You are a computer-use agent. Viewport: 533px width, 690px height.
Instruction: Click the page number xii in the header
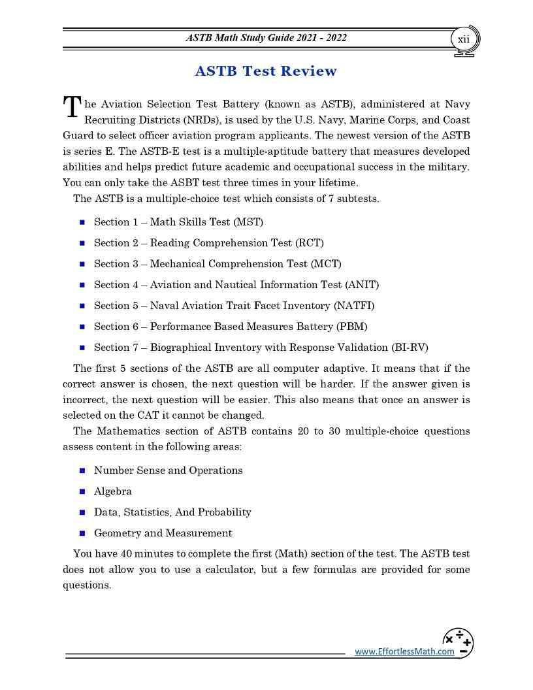point(463,39)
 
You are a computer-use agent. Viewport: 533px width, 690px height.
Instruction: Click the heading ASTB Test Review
point(266,71)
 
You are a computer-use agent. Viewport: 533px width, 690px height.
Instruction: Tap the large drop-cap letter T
point(72,108)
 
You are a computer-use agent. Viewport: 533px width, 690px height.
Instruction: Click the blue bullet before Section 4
point(82,285)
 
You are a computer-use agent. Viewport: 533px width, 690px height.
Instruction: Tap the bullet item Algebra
point(112,491)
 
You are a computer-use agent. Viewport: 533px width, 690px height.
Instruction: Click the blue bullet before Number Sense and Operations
point(82,470)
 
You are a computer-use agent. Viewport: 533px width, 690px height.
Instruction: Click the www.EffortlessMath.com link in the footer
point(404,651)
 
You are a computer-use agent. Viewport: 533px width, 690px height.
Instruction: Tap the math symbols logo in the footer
point(459,642)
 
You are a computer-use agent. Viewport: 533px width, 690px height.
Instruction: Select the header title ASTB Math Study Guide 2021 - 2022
point(266,38)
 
